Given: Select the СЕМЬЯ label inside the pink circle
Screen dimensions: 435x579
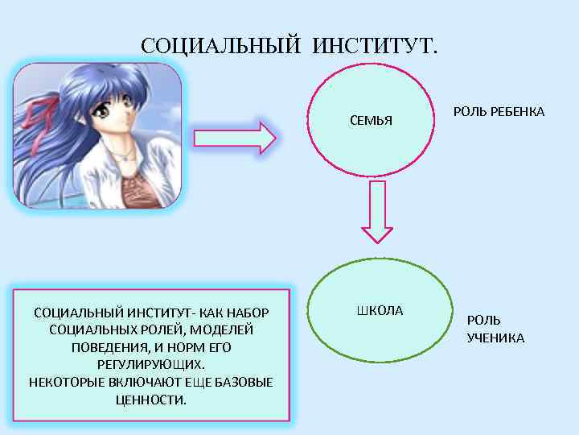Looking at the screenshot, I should click(x=371, y=121).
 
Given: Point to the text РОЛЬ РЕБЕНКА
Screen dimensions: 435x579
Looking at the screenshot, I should click(x=499, y=111).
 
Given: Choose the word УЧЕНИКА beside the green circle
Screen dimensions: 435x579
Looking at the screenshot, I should click(x=495, y=338).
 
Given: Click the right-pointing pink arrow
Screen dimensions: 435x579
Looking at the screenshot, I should click(x=235, y=137).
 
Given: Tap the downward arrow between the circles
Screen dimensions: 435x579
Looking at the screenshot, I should click(x=380, y=211).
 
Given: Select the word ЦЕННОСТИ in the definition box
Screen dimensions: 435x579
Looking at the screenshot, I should click(x=151, y=400).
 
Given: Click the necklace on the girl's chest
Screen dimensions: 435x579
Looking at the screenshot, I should click(x=122, y=153).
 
